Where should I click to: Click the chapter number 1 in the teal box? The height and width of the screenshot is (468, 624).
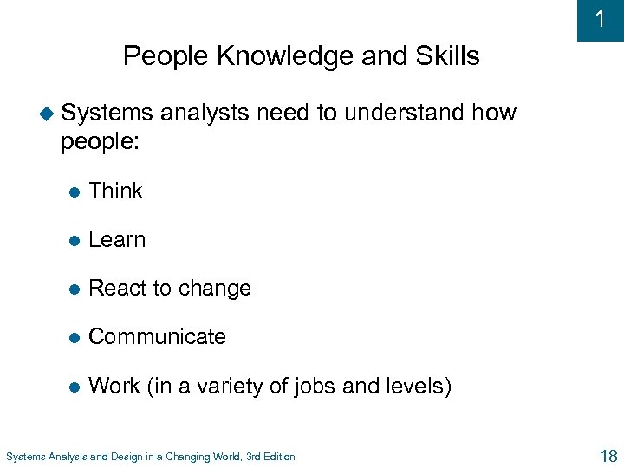601,20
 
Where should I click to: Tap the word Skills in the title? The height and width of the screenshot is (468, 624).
446,56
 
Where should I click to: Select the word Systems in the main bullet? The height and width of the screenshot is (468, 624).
107,113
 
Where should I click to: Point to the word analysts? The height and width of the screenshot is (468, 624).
204,113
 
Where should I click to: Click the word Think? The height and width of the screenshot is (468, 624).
115,191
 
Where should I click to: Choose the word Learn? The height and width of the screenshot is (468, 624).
117,239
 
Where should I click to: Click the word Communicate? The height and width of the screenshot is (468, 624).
157,336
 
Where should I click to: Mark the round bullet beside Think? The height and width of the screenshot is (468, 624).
75,192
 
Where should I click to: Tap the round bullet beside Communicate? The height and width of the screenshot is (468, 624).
75,337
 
